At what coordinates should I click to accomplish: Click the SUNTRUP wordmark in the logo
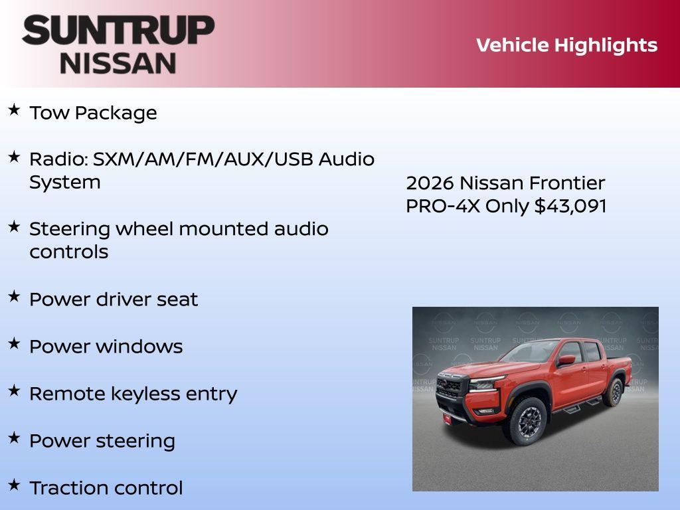pyautogui.click(x=118, y=31)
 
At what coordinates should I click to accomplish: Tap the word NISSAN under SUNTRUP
pyautogui.click(x=118, y=62)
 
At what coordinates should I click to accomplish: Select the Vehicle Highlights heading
pyautogui.click(x=566, y=45)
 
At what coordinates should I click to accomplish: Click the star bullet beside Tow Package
pyautogui.click(x=14, y=110)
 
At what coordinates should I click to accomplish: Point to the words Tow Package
pyautogui.click(x=93, y=113)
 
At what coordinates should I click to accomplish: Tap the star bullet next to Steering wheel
pyautogui.click(x=14, y=226)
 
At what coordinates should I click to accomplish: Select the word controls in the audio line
pyautogui.click(x=68, y=252)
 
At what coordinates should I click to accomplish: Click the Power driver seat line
pyautogui.click(x=114, y=299)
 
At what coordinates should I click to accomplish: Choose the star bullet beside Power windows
pyautogui.click(x=14, y=343)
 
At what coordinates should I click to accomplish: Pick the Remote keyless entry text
pyautogui.click(x=133, y=394)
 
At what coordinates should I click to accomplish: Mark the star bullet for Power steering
pyautogui.click(x=14, y=438)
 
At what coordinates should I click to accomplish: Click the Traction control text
pyautogui.click(x=106, y=488)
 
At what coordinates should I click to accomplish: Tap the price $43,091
pyautogui.click(x=570, y=206)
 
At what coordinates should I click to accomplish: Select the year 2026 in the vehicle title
pyautogui.click(x=430, y=183)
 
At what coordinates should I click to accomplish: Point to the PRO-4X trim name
pyautogui.click(x=443, y=206)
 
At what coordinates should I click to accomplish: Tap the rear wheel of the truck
pyautogui.click(x=614, y=392)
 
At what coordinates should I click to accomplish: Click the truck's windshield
pyautogui.click(x=531, y=351)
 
